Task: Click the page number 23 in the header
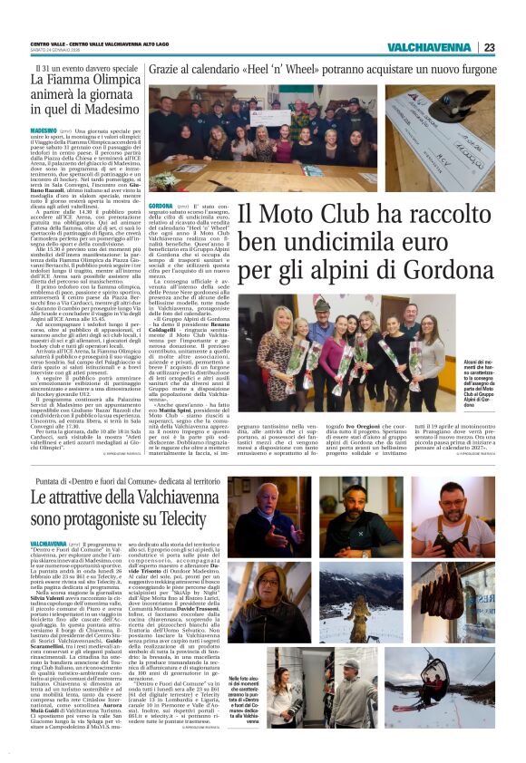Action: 489,47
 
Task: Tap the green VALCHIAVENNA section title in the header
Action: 429,47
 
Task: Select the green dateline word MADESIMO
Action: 44,131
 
